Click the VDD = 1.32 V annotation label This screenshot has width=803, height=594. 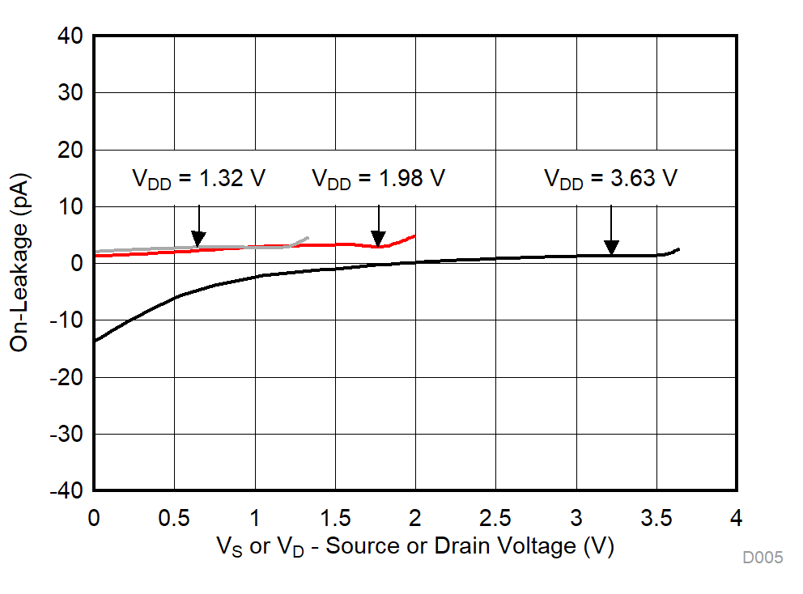(198, 179)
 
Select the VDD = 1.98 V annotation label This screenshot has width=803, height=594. (378, 179)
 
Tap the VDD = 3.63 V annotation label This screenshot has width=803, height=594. (610, 179)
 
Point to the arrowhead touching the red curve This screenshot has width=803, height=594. (378, 240)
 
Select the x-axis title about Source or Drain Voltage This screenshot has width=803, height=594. (414, 546)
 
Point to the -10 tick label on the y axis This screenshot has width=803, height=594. (70, 320)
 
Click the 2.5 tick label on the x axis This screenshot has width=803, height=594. (495, 517)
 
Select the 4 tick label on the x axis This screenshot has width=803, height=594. (736, 517)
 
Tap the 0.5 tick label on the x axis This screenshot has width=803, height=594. (174, 517)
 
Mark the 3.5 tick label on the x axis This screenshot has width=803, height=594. (656, 517)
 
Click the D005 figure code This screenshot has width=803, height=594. (763, 558)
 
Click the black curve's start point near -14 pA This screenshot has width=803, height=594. (95, 342)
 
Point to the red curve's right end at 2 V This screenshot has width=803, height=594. (415, 235)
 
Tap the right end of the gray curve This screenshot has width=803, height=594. (308, 238)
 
